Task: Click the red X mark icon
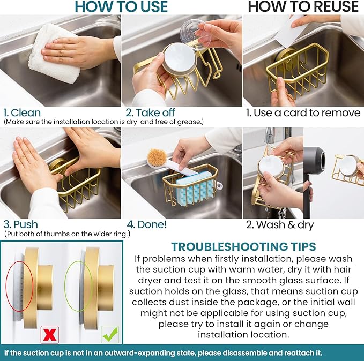(49, 334)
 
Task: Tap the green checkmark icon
(110, 334)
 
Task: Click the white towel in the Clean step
(54, 54)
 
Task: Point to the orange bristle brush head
(157, 157)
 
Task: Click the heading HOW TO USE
(121, 6)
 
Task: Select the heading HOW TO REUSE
(303, 6)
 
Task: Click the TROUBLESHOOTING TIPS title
(243, 246)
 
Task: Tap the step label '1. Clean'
(22, 113)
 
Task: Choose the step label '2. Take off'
(150, 113)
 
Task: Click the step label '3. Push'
(21, 224)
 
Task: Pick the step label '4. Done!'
(147, 224)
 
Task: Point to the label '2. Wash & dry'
(280, 225)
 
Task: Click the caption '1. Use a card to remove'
(303, 113)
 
